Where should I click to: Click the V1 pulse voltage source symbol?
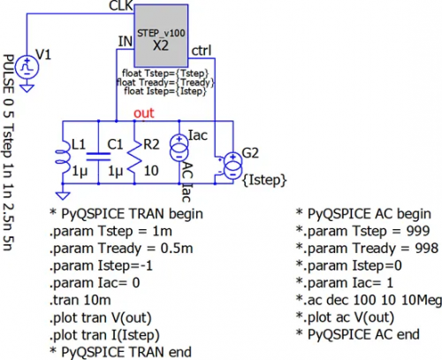tap(27, 67)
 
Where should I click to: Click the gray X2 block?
tap(161, 35)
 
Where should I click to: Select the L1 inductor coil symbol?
tap(63, 157)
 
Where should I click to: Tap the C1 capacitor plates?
tap(98, 157)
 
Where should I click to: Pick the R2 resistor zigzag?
tap(134, 157)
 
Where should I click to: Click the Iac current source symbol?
tap(179, 148)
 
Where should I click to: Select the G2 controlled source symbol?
tap(232, 165)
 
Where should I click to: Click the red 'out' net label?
tap(144, 113)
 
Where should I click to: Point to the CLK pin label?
tap(121, 6)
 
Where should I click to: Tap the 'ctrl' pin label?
tap(202, 50)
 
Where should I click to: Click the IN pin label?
tap(126, 42)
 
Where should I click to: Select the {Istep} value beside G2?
tap(264, 180)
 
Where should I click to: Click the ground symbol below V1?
tap(27, 88)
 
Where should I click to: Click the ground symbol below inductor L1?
tap(63, 195)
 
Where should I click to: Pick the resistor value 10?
tap(151, 171)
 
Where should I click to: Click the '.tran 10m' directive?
tap(80, 301)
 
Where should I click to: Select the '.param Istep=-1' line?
tap(101, 266)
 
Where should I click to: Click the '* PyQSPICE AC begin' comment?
tap(363, 214)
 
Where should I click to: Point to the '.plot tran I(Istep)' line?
tap(104, 335)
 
